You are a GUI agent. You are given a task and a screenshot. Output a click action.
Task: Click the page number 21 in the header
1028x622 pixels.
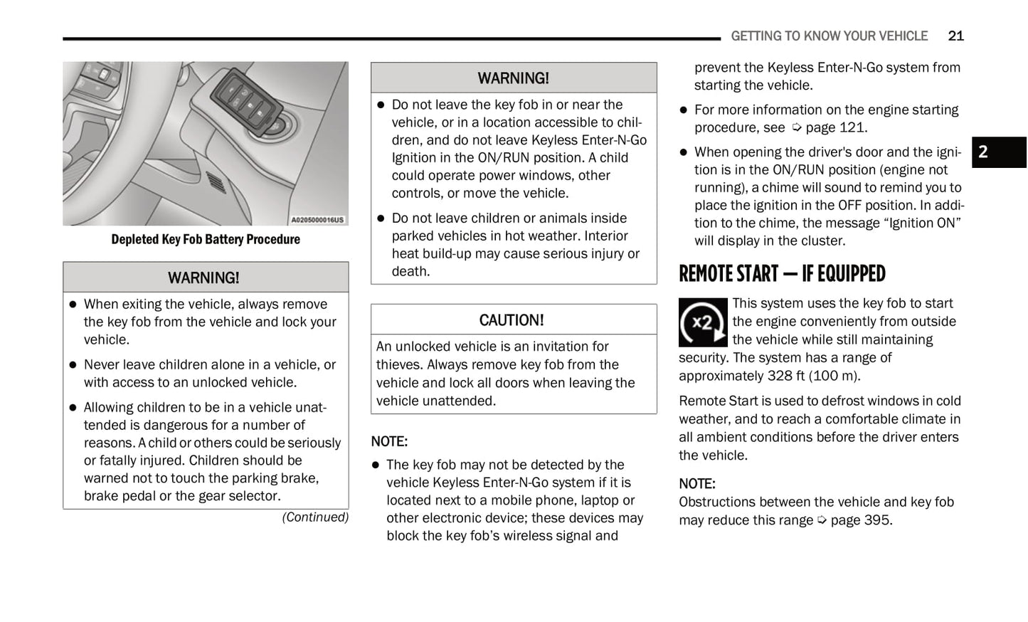[x=955, y=36]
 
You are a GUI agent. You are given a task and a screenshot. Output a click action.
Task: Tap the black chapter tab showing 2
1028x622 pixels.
[x=998, y=152]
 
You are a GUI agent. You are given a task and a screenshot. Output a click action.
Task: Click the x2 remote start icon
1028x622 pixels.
[x=703, y=322]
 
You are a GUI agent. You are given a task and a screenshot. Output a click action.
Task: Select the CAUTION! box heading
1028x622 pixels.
[x=512, y=320]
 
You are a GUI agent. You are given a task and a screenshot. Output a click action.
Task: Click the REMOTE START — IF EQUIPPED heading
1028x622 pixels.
[x=781, y=274]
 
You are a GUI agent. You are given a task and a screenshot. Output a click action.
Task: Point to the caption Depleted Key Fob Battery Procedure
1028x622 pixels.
[x=206, y=239]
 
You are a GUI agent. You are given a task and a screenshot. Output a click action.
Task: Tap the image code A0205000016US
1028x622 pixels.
[x=317, y=220]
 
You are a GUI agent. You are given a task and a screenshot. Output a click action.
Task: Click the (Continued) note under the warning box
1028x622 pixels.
[x=315, y=517]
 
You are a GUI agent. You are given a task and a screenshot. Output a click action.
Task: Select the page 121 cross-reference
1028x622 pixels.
[x=835, y=127]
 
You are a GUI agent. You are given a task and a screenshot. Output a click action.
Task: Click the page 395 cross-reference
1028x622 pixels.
[x=860, y=520]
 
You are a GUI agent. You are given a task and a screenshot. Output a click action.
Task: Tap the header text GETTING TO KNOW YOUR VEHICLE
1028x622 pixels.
[x=829, y=36]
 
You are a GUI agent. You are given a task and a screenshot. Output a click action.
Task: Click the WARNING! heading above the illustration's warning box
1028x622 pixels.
[x=203, y=278]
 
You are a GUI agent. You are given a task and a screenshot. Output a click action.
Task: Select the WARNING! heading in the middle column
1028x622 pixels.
[x=513, y=78]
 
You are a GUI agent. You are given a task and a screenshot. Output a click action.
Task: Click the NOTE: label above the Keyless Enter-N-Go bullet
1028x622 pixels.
[x=389, y=441]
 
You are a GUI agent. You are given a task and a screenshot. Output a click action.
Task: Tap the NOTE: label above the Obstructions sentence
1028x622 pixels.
[x=696, y=484]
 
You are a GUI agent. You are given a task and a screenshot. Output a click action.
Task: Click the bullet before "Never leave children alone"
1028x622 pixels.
[x=73, y=365]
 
